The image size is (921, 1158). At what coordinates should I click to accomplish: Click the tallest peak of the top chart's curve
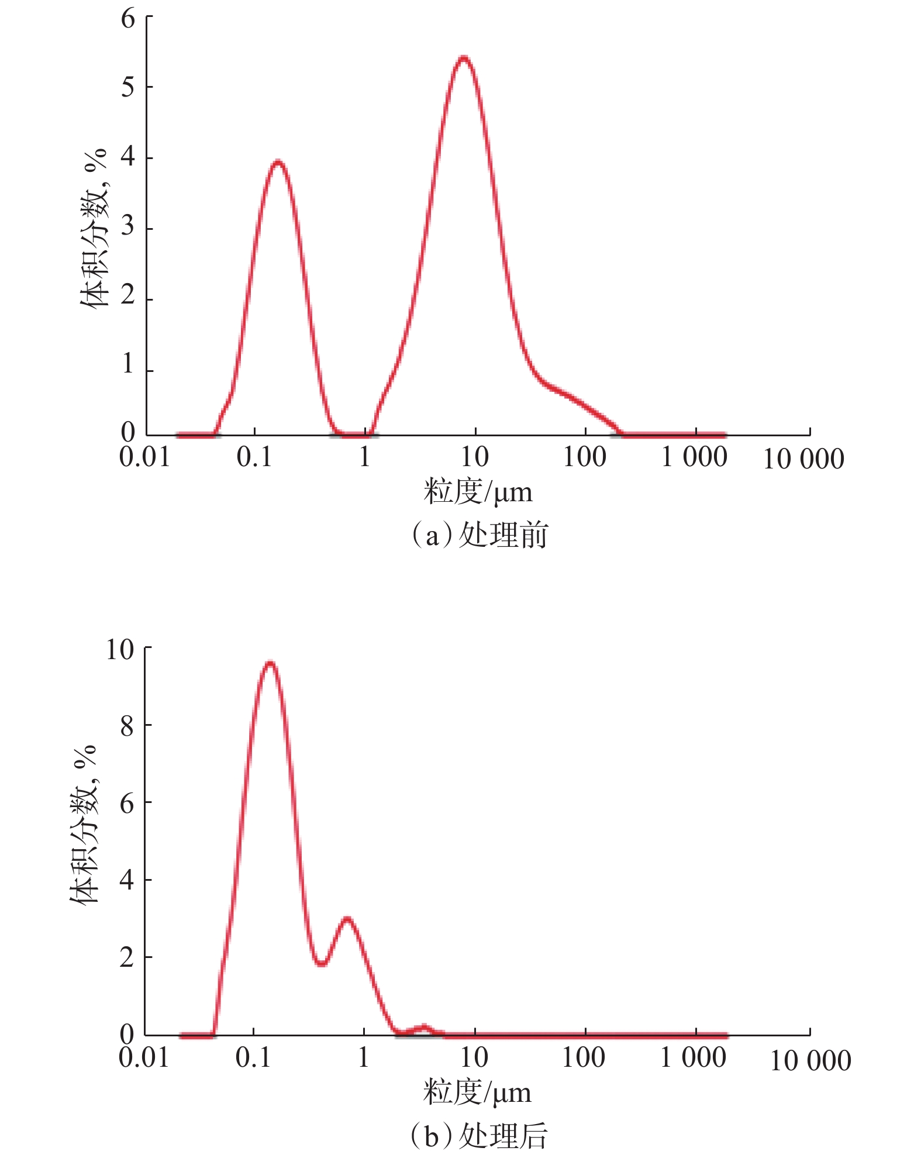(x=463, y=58)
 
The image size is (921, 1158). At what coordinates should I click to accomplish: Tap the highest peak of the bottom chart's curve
(x=270, y=663)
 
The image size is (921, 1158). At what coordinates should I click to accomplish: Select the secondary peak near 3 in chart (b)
(x=347, y=919)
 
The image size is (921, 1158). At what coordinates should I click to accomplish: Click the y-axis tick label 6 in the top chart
(x=127, y=19)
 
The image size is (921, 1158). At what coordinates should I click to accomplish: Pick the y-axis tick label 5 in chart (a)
(x=127, y=88)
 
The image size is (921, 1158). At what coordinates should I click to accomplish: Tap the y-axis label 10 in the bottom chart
(x=120, y=649)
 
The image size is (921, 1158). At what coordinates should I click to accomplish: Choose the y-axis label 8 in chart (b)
(x=127, y=726)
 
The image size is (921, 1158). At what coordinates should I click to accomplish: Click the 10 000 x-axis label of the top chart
(x=803, y=459)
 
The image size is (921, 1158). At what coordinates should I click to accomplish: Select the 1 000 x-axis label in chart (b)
(x=693, y=1057)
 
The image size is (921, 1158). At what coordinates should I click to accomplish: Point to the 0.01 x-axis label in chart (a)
(x=144, y=457)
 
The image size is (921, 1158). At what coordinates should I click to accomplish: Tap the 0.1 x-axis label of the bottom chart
(x=254, y=1057)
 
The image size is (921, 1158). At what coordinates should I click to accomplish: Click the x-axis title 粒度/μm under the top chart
(x=478, y=492)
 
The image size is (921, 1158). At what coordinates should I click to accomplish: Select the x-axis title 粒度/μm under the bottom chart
(x=477, y=1092)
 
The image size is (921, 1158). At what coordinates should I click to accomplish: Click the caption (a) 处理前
(x=480, y=535)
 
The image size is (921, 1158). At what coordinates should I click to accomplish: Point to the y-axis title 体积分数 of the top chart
(x=94, y=228)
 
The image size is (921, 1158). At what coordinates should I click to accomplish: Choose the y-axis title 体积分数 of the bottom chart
(x=84, y=825)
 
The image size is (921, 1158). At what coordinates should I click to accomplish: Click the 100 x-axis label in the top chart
(x=584, y=457)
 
